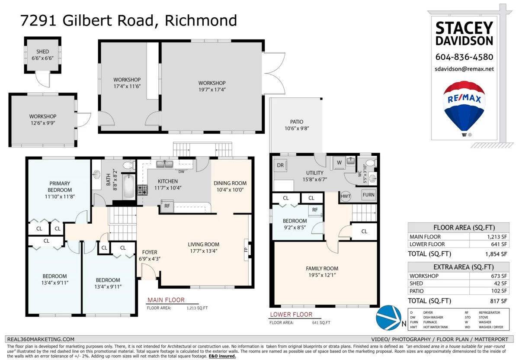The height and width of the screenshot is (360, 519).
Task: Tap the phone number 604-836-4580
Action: point(464,57)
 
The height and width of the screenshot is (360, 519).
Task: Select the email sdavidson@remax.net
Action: point(464,69)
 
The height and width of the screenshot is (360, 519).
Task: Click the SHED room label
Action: point(43,51)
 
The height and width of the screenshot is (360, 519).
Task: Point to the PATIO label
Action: point(297,122)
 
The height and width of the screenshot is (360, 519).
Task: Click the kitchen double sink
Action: point(164,164)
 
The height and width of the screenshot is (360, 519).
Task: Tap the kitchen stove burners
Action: point(142,190)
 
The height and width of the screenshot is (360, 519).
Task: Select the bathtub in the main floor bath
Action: point(128,186)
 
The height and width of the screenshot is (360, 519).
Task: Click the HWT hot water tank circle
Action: point(346,196)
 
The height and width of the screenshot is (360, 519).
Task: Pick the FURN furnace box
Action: point(368,195)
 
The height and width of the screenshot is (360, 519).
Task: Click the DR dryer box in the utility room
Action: point(280,165)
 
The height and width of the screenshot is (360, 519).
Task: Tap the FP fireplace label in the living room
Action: point(246,250)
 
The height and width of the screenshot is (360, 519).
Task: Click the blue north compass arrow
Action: point(388,318)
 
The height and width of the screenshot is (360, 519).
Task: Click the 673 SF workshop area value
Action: point(499,276)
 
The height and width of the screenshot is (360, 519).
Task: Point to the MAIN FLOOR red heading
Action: point(166,300)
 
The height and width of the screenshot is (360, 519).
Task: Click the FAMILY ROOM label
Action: point(322,268)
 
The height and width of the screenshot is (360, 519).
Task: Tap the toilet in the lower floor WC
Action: point(371,163)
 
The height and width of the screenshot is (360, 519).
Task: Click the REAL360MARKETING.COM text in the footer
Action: point(41,339)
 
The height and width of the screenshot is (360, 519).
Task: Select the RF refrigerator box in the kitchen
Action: point(167,206)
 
